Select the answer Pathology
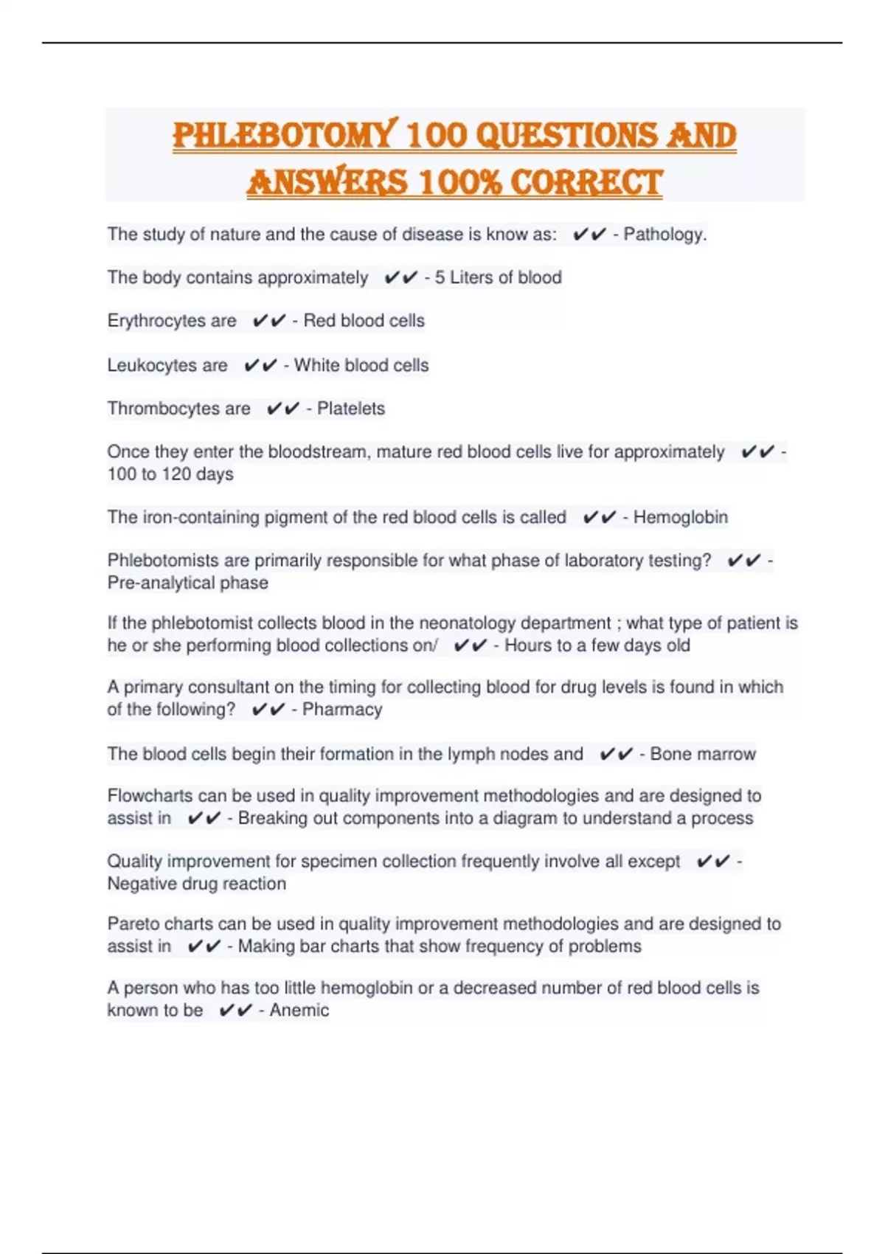tap(664, 235)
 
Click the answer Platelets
tap(351, 409)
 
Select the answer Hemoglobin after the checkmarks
tap(680, 517)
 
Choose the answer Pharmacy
tap(342, 710)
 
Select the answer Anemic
tap(299, 1010)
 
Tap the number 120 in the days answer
tap(176, 474)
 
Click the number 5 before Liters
tap(440, 277)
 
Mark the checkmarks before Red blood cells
tap(268, 321)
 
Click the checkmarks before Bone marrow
tap(616, 754)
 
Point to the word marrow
tap(729, 754)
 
